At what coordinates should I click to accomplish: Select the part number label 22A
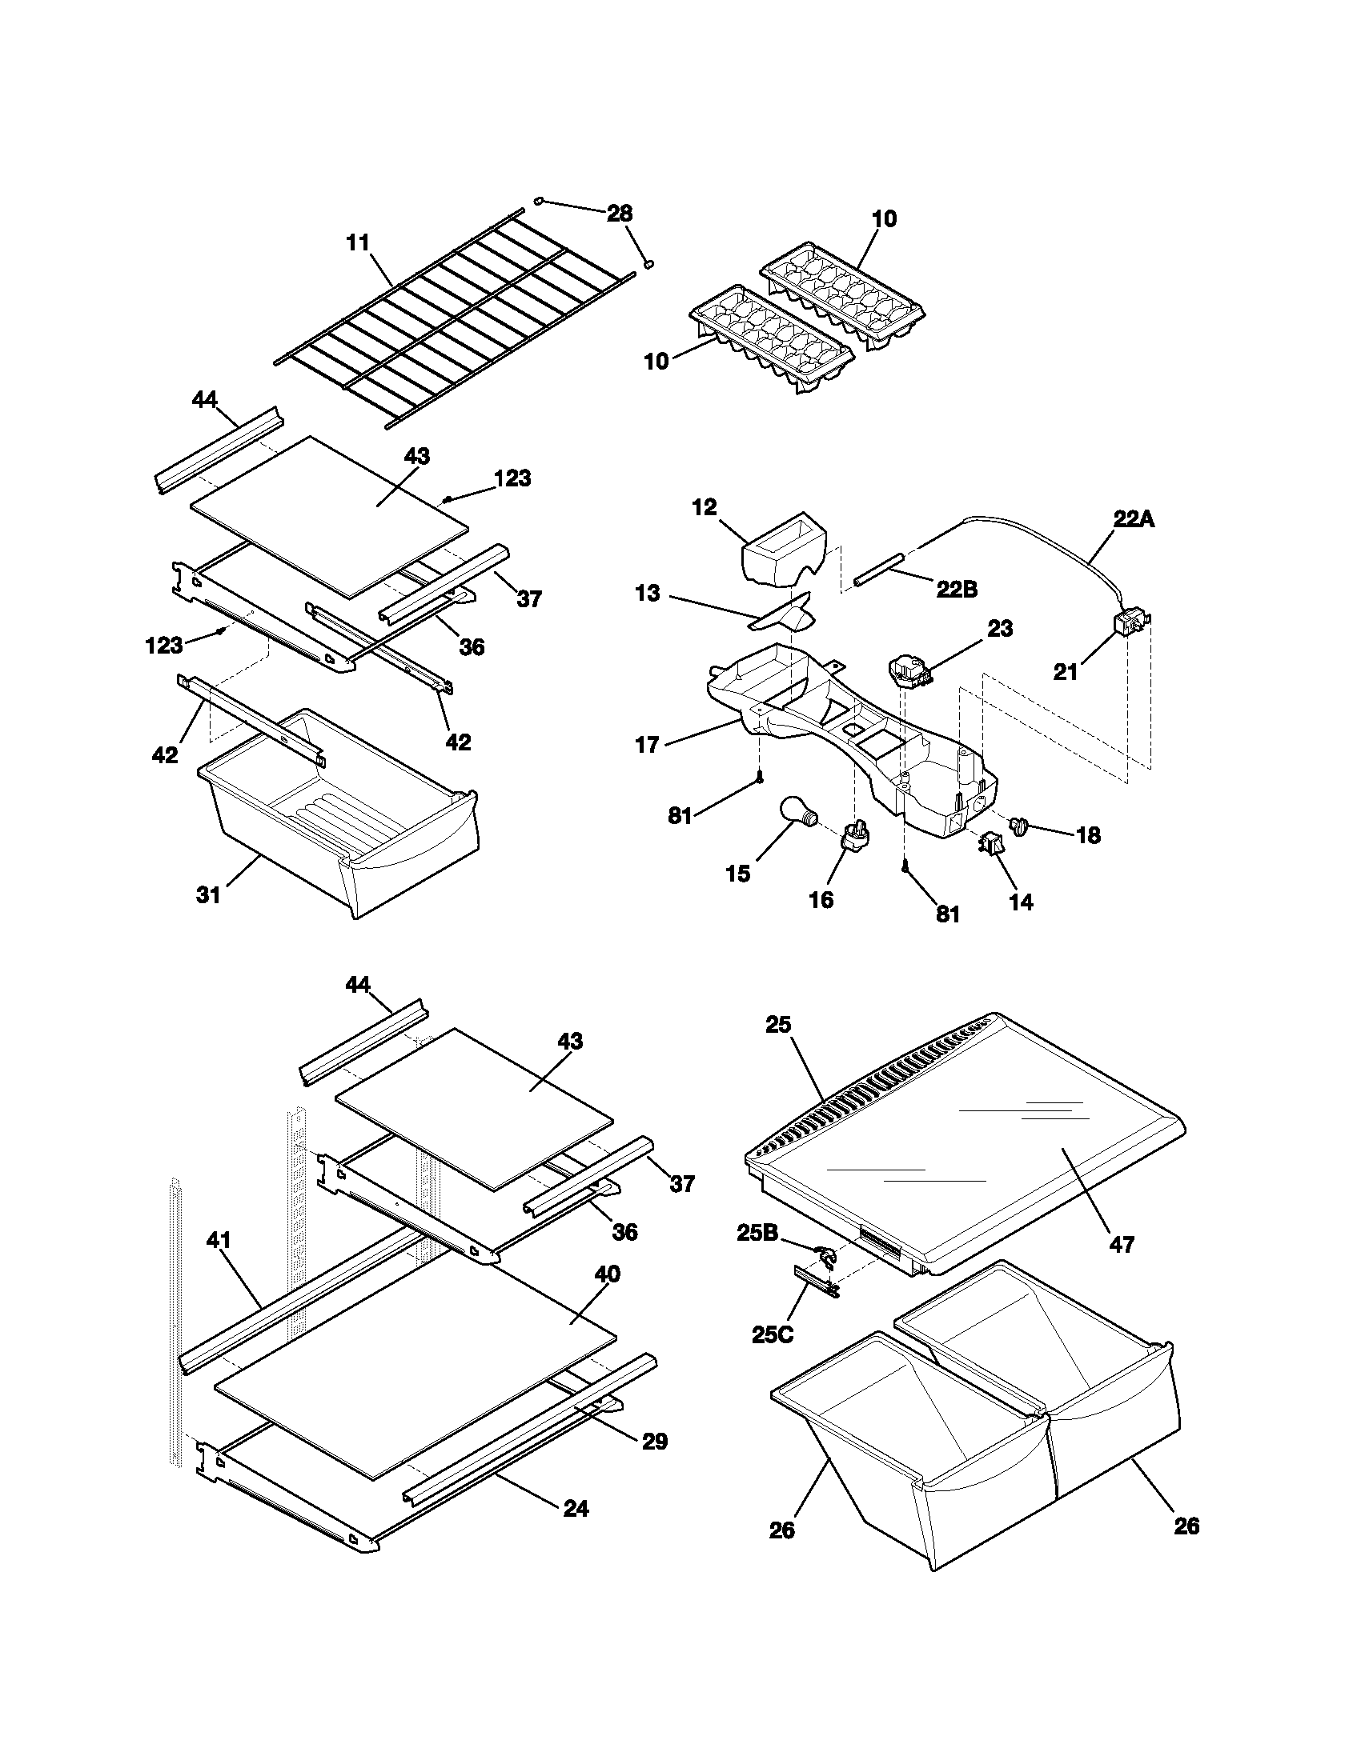pos(1134,520)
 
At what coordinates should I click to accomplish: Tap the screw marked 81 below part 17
pos(759,777)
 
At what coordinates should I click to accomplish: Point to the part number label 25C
pos(772,1334)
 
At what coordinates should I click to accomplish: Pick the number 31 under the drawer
pos(209,894)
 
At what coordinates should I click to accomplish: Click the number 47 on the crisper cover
pos(1122,1245)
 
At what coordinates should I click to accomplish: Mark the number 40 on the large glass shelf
pos(607,1274)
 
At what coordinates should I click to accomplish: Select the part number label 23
pos(1000,628)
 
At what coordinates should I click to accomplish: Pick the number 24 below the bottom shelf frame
pos(576,1508)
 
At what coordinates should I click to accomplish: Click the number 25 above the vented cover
pos(778,1025)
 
